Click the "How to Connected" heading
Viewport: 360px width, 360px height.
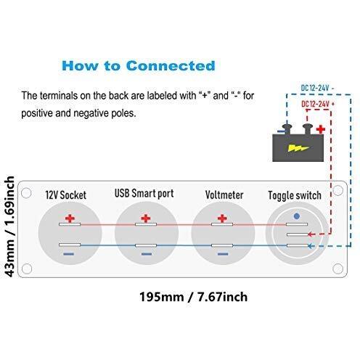(x=139, y=65)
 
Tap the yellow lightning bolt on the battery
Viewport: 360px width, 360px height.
(x=298, y=148)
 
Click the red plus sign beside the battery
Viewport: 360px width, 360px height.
(x=321, y=129)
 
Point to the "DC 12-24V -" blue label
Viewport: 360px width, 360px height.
(x=317, y=88)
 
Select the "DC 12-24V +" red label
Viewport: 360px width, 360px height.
(x=318, y=104)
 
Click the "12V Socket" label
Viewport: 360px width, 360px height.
(x=66, y=195)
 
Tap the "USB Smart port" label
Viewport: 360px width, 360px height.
(x=144, y=193)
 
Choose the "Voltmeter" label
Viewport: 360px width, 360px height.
(x=224, y=195)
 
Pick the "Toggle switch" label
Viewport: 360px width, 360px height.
(x=295, y=195)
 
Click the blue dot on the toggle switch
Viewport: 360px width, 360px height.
(x=297, y=216)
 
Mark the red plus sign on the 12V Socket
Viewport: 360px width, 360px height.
(x=70, y=218)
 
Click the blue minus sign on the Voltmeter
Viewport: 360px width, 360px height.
(x=223, y=254)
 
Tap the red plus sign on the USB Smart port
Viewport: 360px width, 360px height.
(x=146, y=218)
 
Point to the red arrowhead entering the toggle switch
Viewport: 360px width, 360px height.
(x=311, y=234)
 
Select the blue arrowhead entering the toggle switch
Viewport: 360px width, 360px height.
(x=311, y=246)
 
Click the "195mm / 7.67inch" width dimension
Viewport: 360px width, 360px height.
(x=193, y=297)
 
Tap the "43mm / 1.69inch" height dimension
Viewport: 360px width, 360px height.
(x=9, y=226)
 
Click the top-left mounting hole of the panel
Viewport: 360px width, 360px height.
(x=26, y=193)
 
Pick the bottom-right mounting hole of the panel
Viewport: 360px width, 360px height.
(x=337, y=269)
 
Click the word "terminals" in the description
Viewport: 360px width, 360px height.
(x=59, y=96)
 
